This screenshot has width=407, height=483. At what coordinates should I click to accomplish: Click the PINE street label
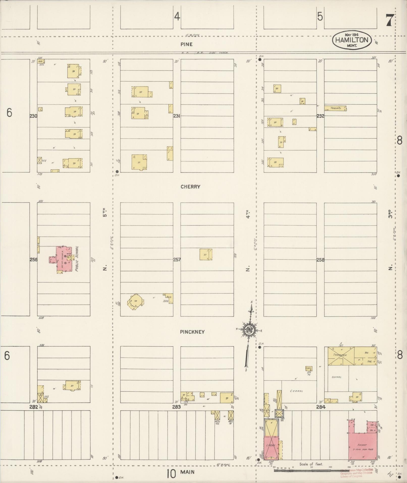coord(186,44)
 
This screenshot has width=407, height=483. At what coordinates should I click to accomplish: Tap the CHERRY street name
coord(191,187)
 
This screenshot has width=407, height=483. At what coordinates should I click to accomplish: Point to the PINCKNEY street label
coord(192,332)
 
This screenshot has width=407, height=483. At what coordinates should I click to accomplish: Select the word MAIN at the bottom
coord(187,472)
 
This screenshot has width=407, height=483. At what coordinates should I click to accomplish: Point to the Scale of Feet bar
coord(311,470)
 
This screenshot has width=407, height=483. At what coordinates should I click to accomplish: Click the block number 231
coord(177,116)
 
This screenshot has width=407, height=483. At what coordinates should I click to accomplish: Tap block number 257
coord(177,260)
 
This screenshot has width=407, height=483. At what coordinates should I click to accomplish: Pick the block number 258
coord(320,260)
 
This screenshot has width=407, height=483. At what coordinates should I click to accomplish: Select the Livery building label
coord(270,446)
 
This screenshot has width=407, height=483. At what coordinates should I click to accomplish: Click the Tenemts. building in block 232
coord(335,108)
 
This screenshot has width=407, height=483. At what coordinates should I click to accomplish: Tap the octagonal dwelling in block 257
coord(136,301)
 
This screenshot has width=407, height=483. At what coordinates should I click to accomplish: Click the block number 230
coord(33,116)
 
